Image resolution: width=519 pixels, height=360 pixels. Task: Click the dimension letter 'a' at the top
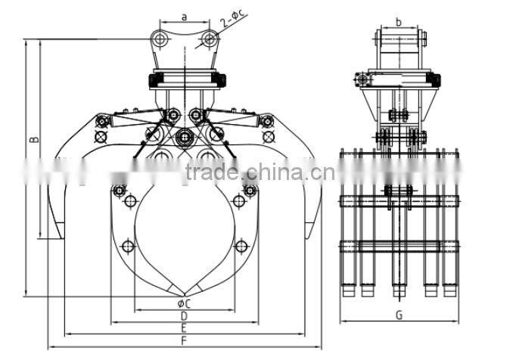(184, 14)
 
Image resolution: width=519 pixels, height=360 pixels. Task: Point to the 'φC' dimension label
(184, 303)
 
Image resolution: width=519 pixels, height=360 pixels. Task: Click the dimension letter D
(184, 315)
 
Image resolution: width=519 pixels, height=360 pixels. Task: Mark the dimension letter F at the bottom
(184, 342)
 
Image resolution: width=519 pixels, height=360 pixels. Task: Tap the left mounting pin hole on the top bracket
(158, 38)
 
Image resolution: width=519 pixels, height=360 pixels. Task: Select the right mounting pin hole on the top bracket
(210, 38)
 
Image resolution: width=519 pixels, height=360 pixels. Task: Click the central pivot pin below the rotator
(184, 138)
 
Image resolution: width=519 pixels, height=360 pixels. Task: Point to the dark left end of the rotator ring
(156, 79)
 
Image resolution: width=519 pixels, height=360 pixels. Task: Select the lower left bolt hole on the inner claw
(128, 246)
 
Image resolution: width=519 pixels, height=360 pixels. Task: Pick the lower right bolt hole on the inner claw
(241, 246)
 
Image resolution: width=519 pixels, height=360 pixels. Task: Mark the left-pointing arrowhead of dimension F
(50, 349)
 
